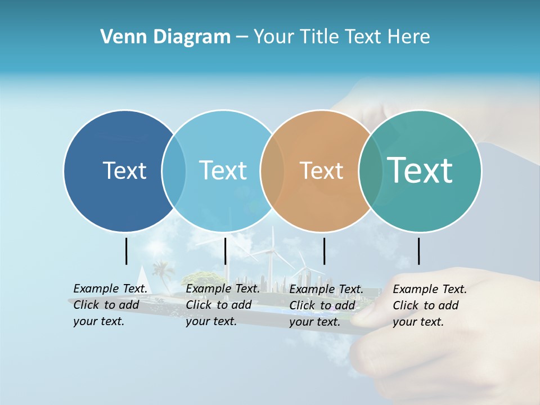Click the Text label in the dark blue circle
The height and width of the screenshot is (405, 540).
(x=124, y=170)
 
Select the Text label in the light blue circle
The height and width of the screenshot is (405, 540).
(x=223, y=170)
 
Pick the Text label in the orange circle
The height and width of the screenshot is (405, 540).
(x=321, y=170)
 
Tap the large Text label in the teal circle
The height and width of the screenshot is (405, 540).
(x=420, y=170)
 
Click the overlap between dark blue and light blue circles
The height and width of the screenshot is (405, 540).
(x=174, y=170)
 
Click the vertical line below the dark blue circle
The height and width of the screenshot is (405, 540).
(x=127, y=251)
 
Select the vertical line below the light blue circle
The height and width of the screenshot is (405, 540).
(x=225, y=251)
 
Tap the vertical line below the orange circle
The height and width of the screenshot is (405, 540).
(x=324, y=251)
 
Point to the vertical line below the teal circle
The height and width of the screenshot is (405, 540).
(x=418, y=251)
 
